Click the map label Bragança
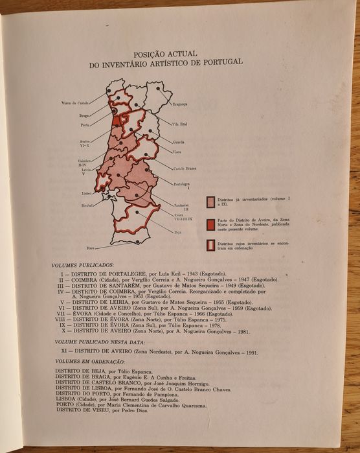pos(179,104)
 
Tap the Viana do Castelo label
pos(76,102)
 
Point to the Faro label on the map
pos(92,248)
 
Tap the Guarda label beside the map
pos(179,141)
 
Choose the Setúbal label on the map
pos(88,204)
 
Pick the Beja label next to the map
pos(178,231)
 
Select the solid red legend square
pos(211,224)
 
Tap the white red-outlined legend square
pos(211,245)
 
